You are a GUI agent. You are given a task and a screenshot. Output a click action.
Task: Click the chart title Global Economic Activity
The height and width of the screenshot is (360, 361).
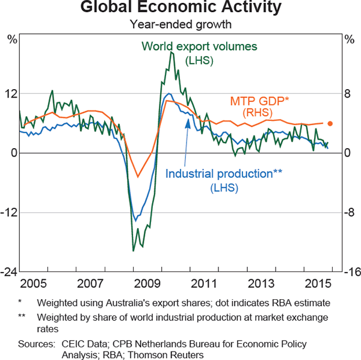click(180, 8)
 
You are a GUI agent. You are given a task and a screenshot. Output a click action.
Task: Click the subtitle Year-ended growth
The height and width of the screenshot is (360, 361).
click(180, 25)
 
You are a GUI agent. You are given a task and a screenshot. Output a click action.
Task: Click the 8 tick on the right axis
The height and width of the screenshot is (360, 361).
click(347, 94)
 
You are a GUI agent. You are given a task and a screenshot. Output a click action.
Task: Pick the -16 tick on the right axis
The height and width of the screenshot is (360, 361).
click(350, 273)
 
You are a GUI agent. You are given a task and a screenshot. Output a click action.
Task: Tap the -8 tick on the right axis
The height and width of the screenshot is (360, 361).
click(348, 213)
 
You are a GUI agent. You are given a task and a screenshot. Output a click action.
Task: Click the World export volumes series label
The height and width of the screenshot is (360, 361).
click(199, 46)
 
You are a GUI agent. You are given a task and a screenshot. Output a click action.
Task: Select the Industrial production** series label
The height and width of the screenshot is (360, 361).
click(224, 174)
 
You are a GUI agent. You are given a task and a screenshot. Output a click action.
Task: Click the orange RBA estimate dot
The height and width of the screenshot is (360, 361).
click(330, 123)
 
